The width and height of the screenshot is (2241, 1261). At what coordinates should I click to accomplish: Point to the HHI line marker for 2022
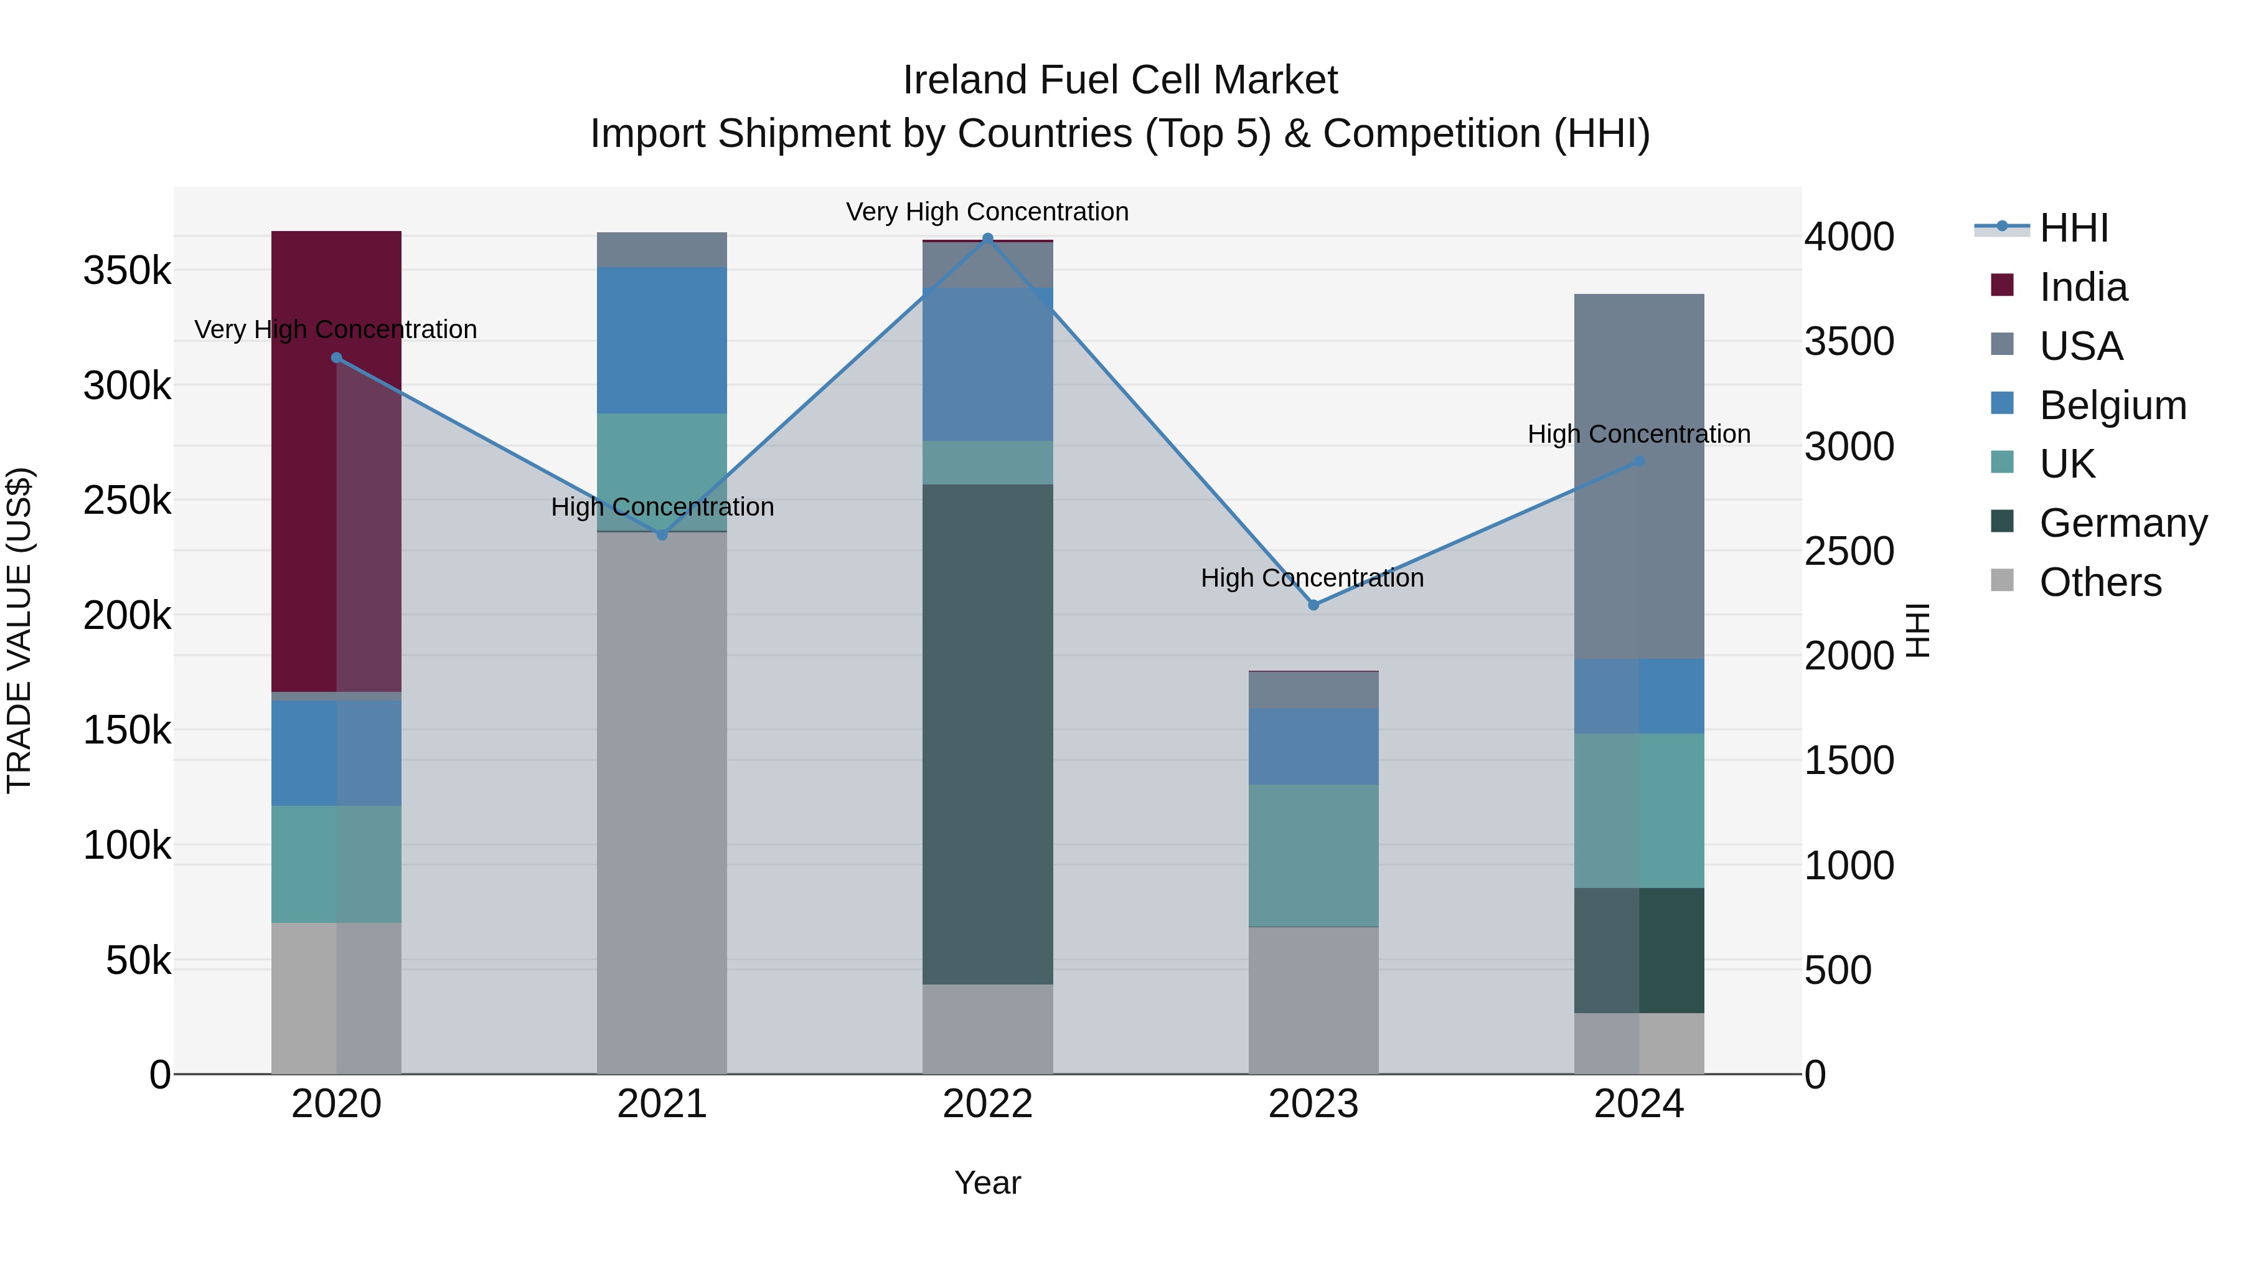[x=987, y=239]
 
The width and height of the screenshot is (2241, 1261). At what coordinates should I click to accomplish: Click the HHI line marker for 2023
[x=1313, y=605]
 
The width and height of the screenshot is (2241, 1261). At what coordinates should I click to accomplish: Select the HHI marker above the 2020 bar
[x=337, y=357]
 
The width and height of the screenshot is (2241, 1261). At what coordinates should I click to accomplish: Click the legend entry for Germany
[x=2123, y=523]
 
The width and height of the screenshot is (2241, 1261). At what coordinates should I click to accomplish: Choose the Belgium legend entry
[x=2112, y=405]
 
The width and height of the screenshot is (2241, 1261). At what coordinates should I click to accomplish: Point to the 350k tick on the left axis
[x=127, y=271]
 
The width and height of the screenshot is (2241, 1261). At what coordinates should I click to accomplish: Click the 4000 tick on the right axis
[x=1849, y=237]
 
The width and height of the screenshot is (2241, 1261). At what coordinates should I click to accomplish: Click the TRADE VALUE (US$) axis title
[x=19, y=630]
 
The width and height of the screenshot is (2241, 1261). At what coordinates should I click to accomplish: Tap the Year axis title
[x=987, y=1183]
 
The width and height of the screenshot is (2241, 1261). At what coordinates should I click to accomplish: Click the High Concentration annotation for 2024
[x=1638, y=433]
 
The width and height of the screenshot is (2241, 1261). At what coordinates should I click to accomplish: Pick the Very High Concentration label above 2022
[x=987, y=212]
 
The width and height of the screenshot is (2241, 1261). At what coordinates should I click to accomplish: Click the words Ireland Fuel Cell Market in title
[x=1120, y=80]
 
